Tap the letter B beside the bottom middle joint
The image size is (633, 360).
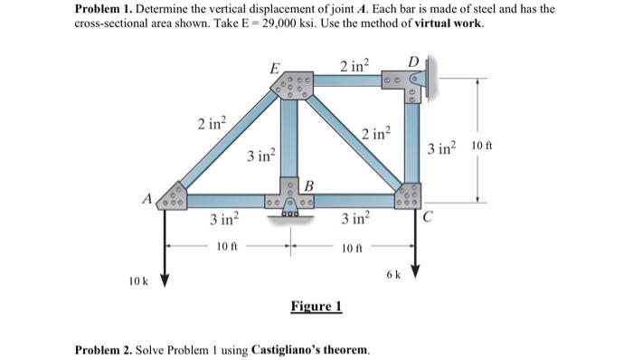click(x=307, y=185)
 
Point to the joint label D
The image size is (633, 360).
click(x=414, y=61)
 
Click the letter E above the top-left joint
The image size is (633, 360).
click(x=274, y=67)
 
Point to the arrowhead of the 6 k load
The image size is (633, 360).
click(x=416, y=274)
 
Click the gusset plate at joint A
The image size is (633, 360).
click(x=170, y=199)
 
